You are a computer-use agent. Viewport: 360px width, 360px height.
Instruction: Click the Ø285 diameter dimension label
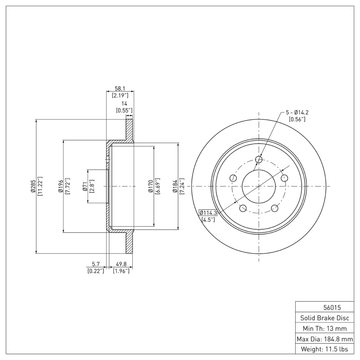33,186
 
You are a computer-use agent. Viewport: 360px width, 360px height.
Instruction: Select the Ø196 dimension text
60,186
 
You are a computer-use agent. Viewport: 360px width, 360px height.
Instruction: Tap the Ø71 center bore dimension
85,186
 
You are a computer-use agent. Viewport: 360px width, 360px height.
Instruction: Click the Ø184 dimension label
175,186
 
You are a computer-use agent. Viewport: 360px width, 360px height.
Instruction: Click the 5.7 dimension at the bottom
95,265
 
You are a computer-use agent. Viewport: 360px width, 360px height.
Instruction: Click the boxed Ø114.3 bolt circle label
208,213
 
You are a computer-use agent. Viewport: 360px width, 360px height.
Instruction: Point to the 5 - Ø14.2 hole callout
297,112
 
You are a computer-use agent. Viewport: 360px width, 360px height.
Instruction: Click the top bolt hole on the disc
259,159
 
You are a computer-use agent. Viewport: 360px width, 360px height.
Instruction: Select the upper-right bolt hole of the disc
284,178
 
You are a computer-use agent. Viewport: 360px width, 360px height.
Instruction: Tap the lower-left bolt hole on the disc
243,208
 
